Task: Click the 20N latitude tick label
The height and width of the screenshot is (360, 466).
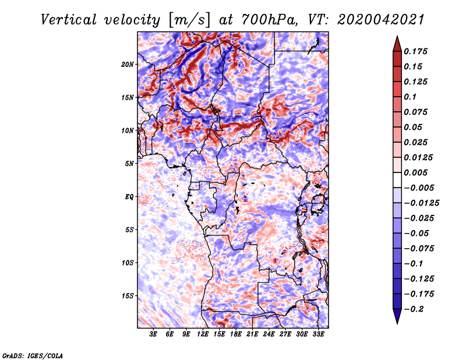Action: (x=128, y=64)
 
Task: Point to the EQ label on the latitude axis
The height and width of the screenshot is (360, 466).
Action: (x=129, y=196)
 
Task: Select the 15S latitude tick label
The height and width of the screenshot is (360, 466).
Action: (x=128, y=295)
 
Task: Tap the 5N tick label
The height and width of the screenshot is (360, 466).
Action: (x=129, y=163)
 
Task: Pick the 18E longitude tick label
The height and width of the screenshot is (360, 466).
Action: (x=236, y=335)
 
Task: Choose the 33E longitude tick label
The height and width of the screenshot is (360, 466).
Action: (x=319, y=335)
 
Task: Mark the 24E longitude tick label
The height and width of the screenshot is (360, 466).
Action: (x=269, y=335)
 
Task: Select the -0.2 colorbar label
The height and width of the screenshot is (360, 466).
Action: (x=414, y=309)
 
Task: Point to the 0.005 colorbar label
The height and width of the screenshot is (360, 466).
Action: (x=416, y=172)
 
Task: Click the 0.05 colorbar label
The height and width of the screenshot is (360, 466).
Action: (x=413, y=127)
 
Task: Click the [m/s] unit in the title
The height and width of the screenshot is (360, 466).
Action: (x=188, y=19)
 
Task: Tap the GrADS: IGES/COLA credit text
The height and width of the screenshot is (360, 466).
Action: (x=33, y=355)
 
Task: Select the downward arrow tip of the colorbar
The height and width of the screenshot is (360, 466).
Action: (x=397, y=322)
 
